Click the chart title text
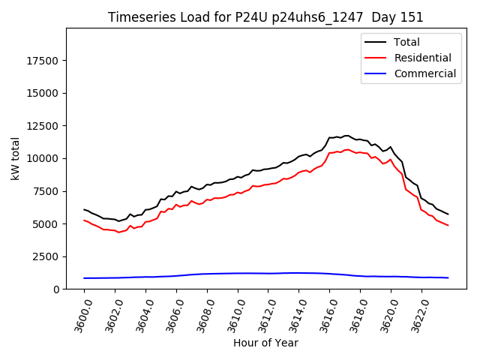pos(265,17)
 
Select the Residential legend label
pos(423,58)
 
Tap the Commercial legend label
pos(425,73)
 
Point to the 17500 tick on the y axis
pos(43,61)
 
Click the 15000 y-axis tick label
pos(43,93)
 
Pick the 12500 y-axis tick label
pos(43,126)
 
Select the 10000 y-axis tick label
pos(43,158)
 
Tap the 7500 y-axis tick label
pos(46,191)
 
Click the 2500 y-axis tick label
pos(46,256)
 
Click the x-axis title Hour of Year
pos(265,343)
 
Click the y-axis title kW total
pos(15,158)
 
